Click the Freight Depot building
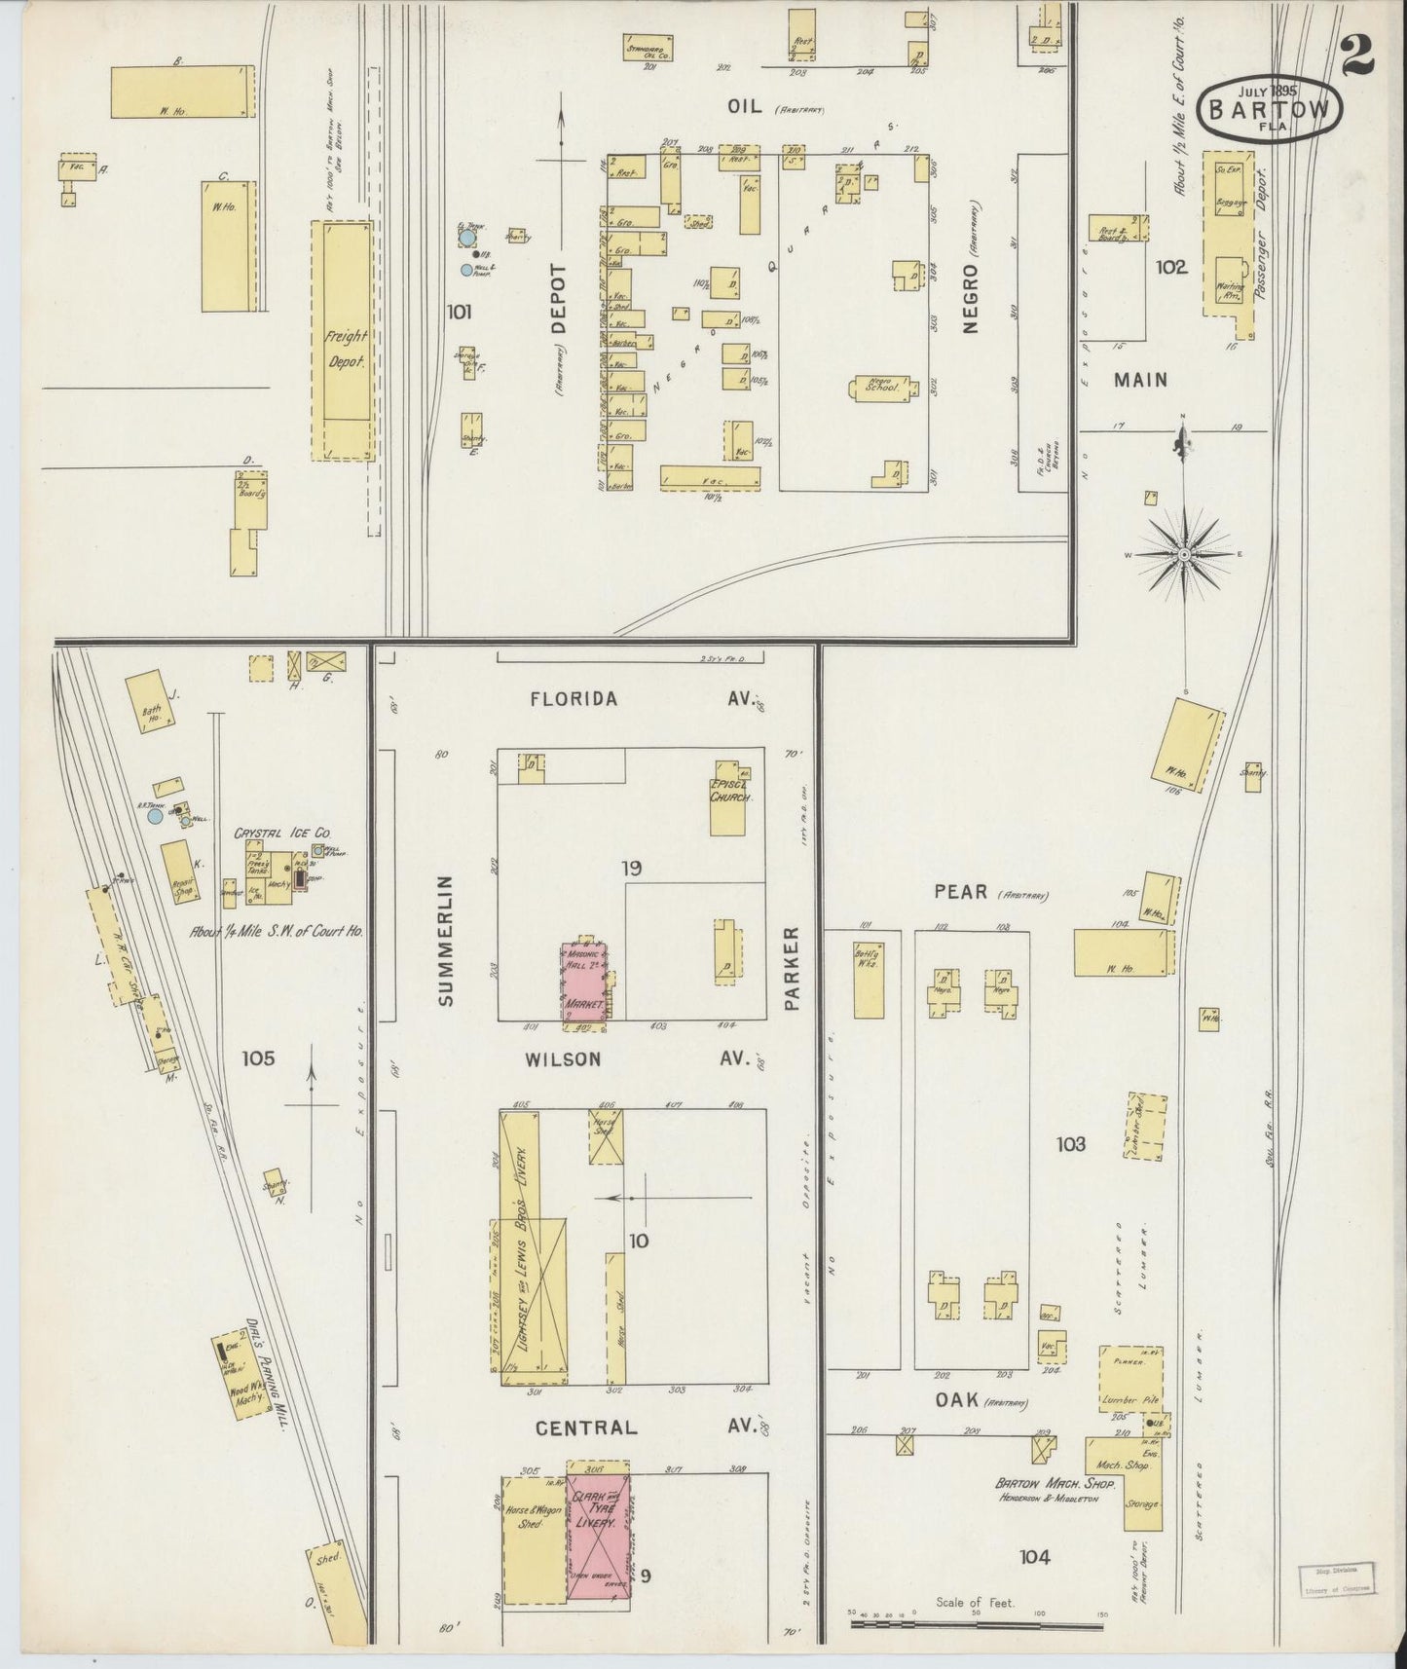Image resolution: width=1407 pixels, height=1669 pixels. (x=342, y=340)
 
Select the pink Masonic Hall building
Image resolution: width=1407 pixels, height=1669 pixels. (x=583, y=981)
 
